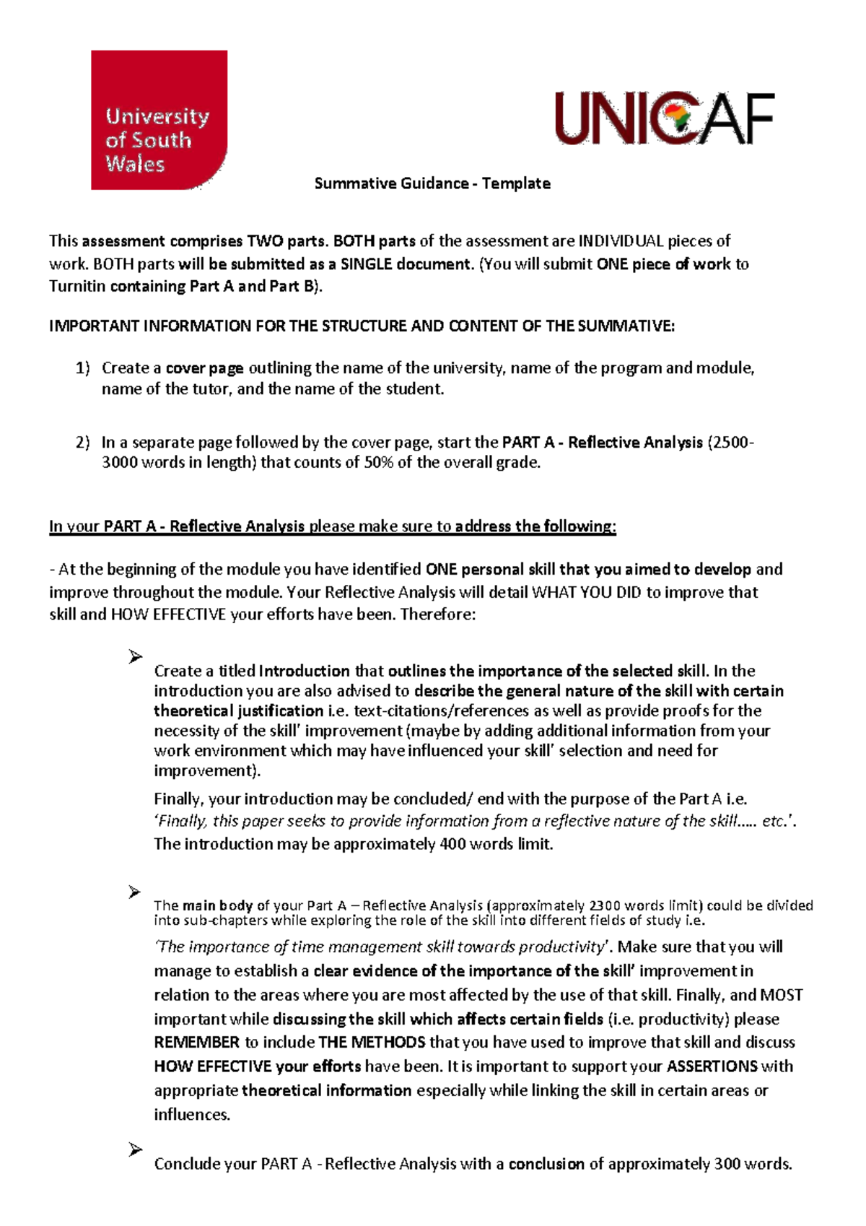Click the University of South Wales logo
(x=159, y=120)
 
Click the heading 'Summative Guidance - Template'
(x=432, y=183)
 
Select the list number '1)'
(x=83, y=368)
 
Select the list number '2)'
(x=83, y=443)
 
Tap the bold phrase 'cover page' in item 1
(x=204, y=368)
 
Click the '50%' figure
(x=378, y=463)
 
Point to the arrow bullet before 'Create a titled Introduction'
(x=135, y=657)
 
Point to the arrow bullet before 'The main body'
(x=135, y=892)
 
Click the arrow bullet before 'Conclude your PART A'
(x=135, y=1149)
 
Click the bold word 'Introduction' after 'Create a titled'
(x=304, y=671)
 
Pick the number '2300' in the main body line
(x=604, y=905)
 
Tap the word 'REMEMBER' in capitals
(x=196, y=1043)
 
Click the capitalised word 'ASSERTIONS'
(x=712, y=1066)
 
